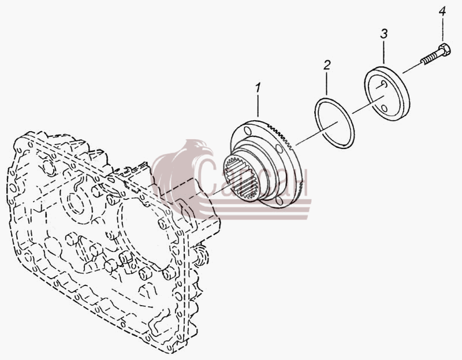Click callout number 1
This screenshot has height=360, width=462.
[258, 88]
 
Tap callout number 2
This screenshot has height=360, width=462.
[327, 65]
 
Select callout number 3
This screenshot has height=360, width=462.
[383, 34]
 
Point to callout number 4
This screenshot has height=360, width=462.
[442, 12]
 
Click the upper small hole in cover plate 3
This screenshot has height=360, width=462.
[383, 84]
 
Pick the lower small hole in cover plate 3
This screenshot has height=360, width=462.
[384, 108]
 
